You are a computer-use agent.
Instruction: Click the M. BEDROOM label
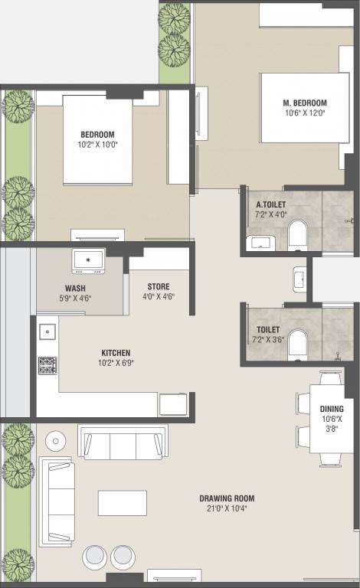point(305,103)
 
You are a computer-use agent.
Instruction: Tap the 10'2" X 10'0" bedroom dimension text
point(97,145)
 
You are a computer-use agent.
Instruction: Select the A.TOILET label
point(270,204)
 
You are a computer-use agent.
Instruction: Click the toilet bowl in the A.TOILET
point(298,235)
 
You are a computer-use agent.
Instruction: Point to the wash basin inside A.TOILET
point(260,243)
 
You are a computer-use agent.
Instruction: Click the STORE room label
point(159,286)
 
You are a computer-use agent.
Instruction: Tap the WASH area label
point(75,289)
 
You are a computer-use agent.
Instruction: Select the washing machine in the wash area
point(89,261)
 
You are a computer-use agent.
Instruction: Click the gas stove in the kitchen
point(47,366)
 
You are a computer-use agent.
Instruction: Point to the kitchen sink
point(47,332)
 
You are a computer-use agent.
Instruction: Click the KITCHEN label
point(116,353)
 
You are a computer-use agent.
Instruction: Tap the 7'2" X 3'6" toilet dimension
point(268,340)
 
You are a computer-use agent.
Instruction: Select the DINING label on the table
point(332,409)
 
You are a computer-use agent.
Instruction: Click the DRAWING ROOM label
point(227,498)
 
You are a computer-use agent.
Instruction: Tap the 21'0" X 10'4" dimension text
point(227,508)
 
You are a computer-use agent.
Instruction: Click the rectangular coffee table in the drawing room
point(123,503)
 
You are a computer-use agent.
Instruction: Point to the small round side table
point(55,441)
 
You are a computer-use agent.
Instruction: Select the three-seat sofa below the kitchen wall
point(123,443)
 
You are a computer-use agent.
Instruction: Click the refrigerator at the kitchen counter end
point(173,404)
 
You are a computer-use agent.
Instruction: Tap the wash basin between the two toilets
point(299,279)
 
